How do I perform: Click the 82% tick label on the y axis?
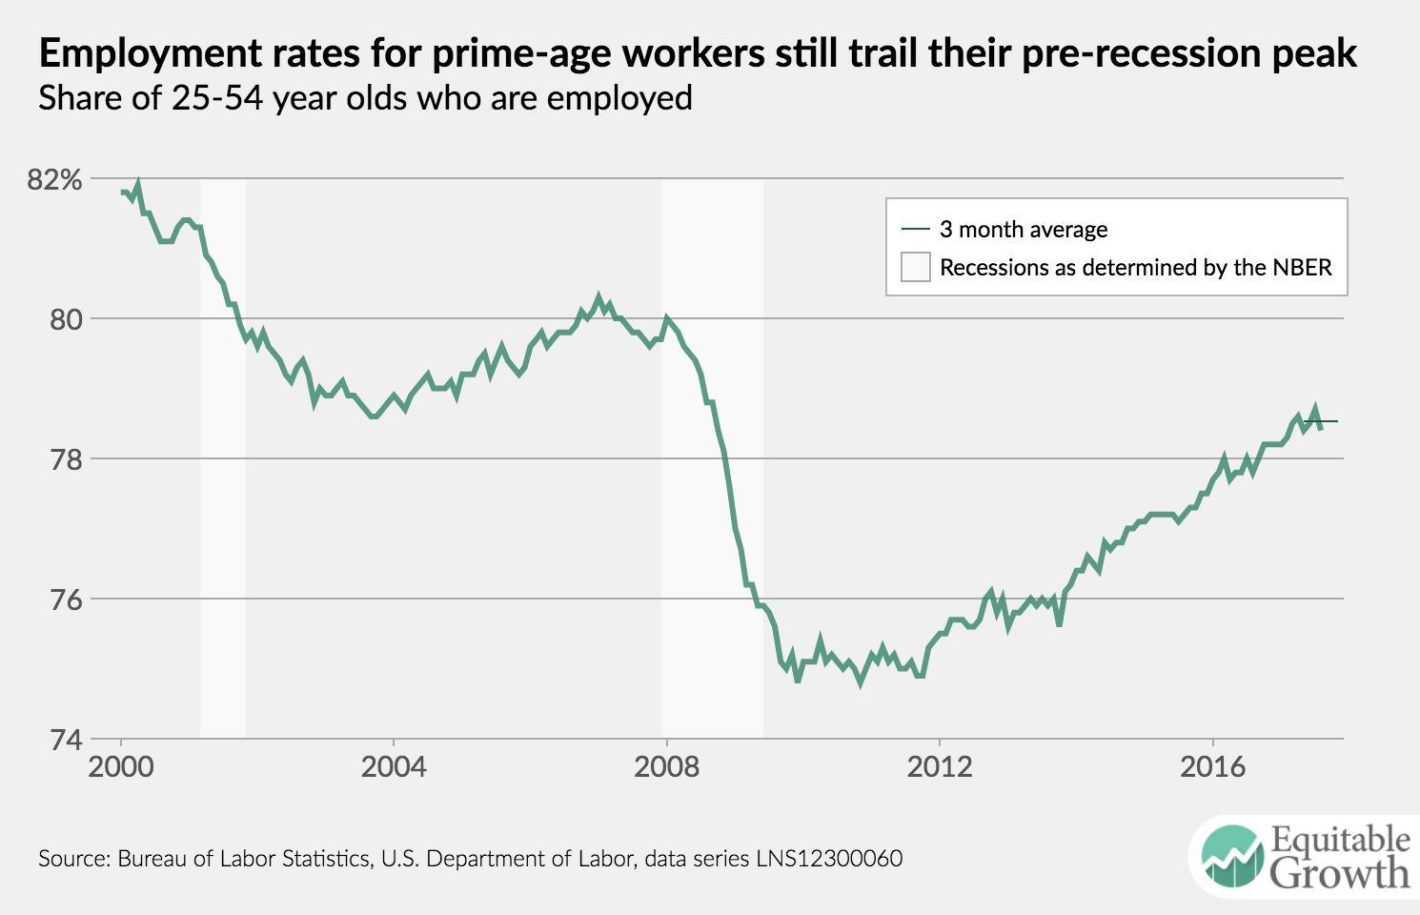(x=54, y=179)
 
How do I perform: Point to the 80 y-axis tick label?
(x=66, y=319)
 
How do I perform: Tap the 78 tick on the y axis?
(x=66, y=459)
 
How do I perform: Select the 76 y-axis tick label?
(x=66, y=600)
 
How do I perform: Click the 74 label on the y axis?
(x=66, y=740)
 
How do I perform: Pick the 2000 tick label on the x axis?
(x=121, y=766)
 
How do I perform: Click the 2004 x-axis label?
(x=394, y=766)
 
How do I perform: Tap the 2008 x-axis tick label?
(x=666, y=766)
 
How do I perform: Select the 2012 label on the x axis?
(x=940, y=766)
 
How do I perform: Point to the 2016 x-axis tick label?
(x=1212, y=766)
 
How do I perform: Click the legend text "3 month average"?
(x=1024, y=230)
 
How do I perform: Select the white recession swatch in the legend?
(x=915, y=267)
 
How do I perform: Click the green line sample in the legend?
(x=915, y=230)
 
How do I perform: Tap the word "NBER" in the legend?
(x=1300, y=268)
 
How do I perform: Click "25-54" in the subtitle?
(x=217, y=98)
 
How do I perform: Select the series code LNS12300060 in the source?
(x=829, y=859)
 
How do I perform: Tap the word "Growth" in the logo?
(x=1340, y=873)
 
